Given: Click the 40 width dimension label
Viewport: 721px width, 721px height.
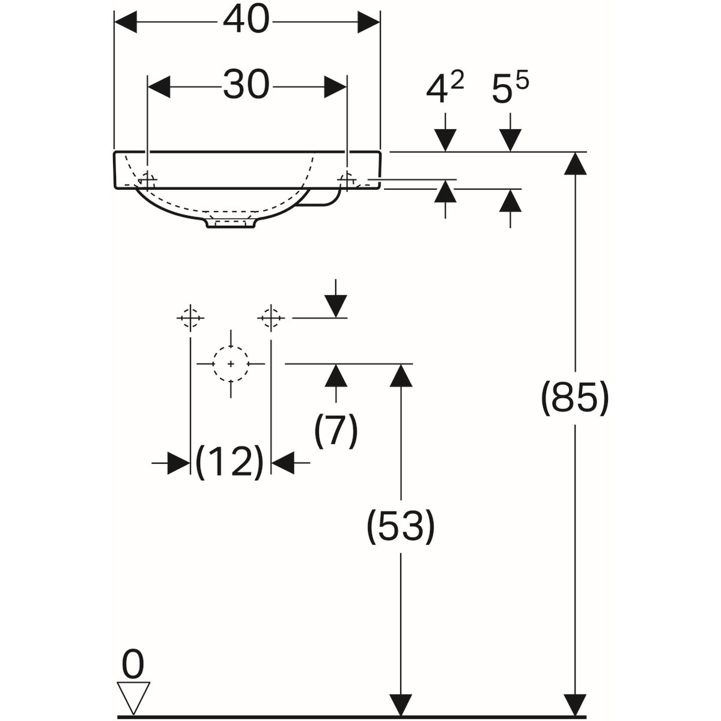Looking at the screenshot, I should tap(246, 22).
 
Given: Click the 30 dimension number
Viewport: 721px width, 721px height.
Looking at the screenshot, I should tap(246, 85).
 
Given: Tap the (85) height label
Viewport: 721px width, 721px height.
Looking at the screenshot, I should tap(575, 398).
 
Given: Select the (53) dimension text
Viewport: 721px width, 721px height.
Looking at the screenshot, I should tap(400, 526).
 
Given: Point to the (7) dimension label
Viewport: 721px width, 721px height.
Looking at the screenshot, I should tap(336, 430).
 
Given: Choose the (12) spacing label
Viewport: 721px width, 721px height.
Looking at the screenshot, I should tap(230, 463).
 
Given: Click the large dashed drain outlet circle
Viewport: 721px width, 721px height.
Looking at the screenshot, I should tap(231, 364).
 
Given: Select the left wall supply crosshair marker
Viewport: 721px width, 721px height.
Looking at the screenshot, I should tap(190, 317).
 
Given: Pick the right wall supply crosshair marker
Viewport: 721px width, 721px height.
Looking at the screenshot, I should tap(271, 317).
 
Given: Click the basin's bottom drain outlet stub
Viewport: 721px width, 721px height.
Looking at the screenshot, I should tap(231, 223).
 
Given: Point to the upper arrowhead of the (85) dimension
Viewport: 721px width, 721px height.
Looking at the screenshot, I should tap(576, 163).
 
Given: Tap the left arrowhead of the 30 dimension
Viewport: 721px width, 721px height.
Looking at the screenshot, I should tap(159, 86).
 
